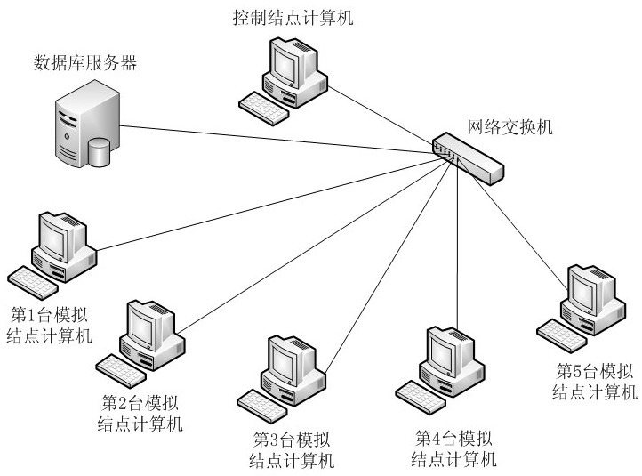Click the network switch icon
(x=467, y=156)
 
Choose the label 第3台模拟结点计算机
(x=293, y=449)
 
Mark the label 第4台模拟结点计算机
(x=453, y=448)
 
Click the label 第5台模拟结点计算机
(x=595, y=381)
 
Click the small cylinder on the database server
(x=99, y=152)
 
